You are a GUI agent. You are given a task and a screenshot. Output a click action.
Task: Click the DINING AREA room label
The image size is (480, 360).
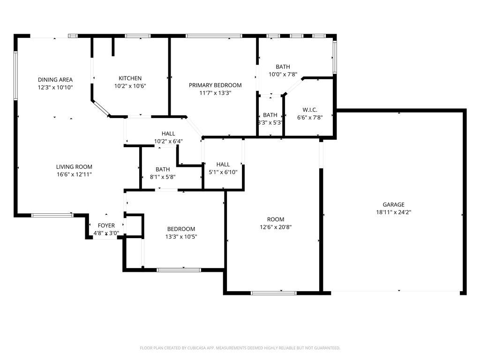click(x=55, y=80)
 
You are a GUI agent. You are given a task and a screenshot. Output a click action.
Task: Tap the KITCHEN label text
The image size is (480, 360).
click(x=130, y=78)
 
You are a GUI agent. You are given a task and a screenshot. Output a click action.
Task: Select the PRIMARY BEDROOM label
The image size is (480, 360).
click(x=215, y=85)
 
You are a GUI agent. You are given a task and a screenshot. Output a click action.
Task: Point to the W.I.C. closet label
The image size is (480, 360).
click(x=310, y=110)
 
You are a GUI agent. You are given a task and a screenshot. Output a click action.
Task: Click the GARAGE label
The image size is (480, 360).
click(x=394, y=204)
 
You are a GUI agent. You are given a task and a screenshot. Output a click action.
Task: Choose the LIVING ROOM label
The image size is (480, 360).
click(x=74, y=167)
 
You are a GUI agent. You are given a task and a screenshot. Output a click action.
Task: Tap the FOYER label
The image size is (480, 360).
click(x=106, y=225)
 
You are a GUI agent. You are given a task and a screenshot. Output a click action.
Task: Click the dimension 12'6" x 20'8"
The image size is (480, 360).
click(x=276, y=227)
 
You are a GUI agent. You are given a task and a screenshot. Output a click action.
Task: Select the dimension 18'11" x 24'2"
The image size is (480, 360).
click(x=394, y=212)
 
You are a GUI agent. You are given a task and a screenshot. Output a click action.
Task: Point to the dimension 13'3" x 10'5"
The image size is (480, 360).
click(x=181, y=237)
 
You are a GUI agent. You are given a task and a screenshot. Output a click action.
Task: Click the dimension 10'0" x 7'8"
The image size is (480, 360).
click(x=283, y=75)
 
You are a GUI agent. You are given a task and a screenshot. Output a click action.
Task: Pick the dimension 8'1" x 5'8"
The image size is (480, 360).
click(x=163, y=177)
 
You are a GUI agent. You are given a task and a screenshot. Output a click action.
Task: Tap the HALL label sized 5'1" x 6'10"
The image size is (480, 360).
click(x=223, y=165)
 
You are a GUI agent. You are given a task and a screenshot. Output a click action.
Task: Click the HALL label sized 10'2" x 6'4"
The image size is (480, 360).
click(x=168, y=134)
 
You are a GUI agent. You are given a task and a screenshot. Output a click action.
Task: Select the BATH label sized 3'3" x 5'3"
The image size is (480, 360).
click(x=270, y=115)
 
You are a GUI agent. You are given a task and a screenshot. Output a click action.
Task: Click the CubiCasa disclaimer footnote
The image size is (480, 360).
click(x=240, y=348)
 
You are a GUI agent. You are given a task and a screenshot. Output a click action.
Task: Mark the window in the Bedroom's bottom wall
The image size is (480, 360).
click(x=179, y=270)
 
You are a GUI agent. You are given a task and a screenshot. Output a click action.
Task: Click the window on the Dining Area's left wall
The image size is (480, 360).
click(x=15, y=75)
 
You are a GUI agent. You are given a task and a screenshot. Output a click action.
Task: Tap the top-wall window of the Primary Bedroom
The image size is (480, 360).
click(x=214, y=36)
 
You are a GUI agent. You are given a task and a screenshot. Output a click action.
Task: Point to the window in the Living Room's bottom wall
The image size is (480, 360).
click(x=52, y=215)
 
